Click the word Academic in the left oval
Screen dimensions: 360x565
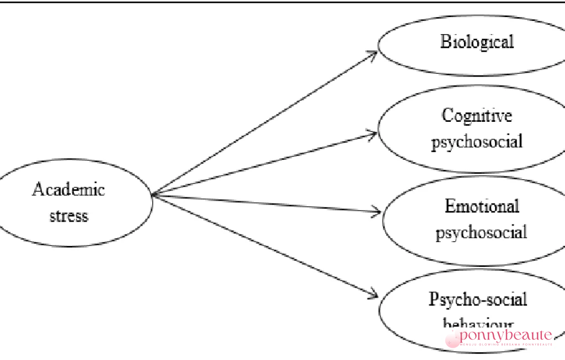tap(68, 190)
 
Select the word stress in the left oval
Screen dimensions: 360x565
tap(68, 215)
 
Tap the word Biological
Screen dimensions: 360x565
tap(477, 42)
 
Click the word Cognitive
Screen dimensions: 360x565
tap(477, 116)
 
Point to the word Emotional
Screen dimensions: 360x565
tap(482, 207)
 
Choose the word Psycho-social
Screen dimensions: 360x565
tap(478, 299)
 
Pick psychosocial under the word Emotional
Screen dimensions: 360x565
tap(481, 232)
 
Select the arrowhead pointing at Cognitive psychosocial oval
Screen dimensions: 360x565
tap(375, 132)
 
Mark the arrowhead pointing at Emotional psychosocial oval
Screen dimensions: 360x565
tap(377, 211)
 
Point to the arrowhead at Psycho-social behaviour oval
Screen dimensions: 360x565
tap(375, 293)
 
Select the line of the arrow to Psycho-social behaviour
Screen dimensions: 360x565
tap(264, 243)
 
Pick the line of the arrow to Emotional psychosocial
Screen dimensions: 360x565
tap(265, 202)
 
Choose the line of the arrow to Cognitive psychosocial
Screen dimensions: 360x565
tap(264, 163)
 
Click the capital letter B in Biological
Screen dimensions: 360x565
tap(445, 42)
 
